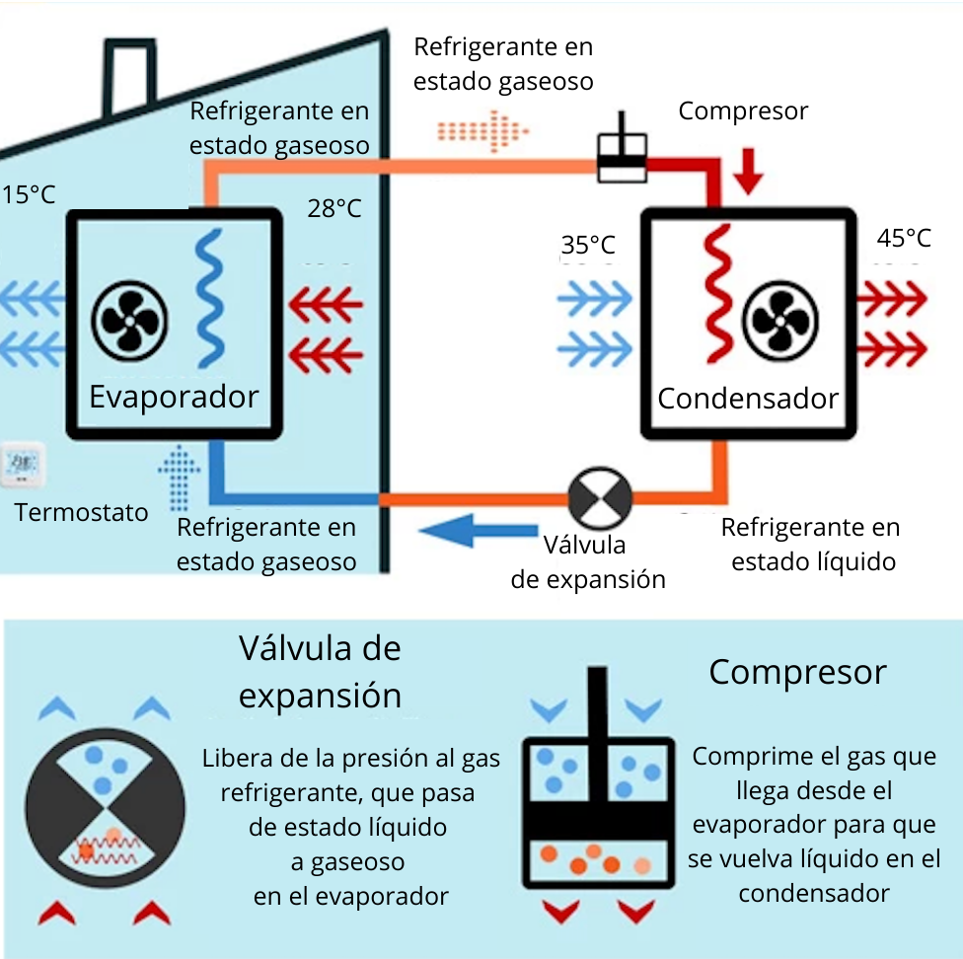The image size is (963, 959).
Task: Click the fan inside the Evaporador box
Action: coord(130,318)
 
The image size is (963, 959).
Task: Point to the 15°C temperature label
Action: coord(28,194)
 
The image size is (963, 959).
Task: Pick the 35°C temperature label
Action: coord(588,245)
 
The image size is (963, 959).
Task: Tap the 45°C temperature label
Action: coord(904,239)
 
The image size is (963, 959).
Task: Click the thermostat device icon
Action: coord(22,465)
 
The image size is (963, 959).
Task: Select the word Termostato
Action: coord(82,512)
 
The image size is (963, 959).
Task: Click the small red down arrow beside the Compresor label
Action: coord(750,170)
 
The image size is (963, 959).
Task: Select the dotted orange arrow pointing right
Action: coord(483,128)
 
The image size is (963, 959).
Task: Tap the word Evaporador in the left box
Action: coord(174,397)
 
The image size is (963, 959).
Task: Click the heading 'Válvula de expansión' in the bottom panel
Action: coord(321,672)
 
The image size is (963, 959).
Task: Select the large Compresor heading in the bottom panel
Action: coord(797,672)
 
